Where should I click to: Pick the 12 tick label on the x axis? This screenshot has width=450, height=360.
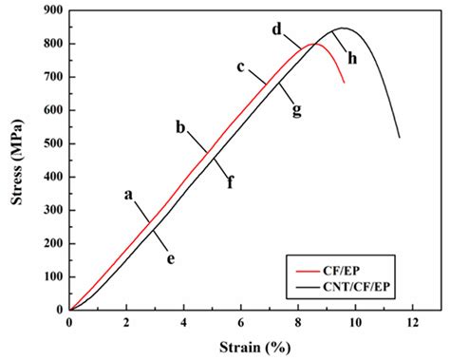point(412,322)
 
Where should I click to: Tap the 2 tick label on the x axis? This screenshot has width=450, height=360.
point(126,322)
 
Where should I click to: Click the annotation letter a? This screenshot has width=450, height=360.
point(128,194)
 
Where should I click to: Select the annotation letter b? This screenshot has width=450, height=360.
point(179,126)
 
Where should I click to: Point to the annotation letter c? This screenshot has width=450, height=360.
point(241,66)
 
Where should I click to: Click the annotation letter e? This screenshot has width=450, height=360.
point(171,257)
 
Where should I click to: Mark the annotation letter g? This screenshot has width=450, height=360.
point(297,110)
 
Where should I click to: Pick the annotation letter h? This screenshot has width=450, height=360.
point(352,59)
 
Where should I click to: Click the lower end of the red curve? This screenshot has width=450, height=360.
point(345,83)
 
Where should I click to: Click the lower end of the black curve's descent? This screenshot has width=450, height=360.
point(400,138)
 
